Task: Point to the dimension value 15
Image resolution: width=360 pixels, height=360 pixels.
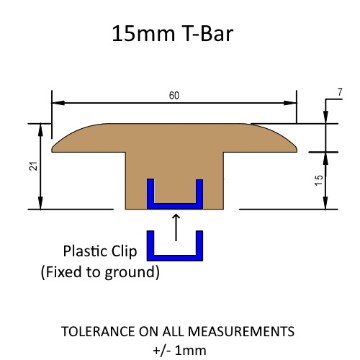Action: (x=318, y=180)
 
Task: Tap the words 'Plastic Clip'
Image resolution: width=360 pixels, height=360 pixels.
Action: (x=95, y=252)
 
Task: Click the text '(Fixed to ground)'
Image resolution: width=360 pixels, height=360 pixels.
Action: (x=99, y=272)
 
